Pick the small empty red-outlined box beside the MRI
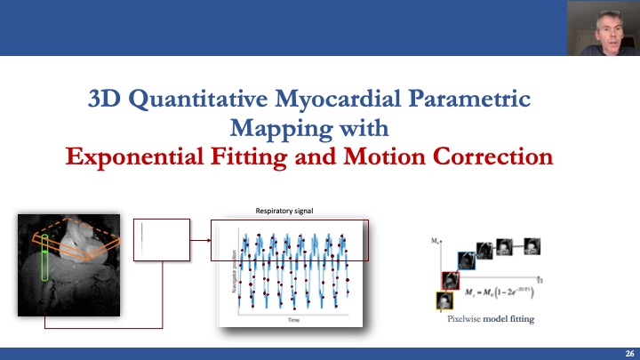161,239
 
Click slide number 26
628,353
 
